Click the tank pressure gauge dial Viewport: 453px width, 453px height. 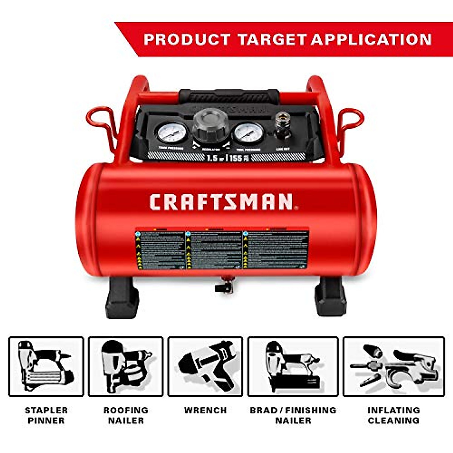[172, 133]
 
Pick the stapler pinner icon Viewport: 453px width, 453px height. [46, 367]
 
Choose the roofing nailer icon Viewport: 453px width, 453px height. [126, 367]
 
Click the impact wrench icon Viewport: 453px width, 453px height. [205, 367]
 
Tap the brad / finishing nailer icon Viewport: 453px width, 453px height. [293, 367]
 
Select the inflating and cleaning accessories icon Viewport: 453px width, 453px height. [394, 367]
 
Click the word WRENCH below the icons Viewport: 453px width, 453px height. [205, 410]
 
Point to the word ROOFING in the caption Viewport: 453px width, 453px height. [126, 410]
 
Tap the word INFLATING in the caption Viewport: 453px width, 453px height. [394, 410]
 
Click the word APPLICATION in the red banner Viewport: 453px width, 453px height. [371, 39]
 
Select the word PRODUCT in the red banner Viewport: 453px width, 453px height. [187, 39]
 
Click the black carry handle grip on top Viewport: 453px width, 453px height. [229, 96]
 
